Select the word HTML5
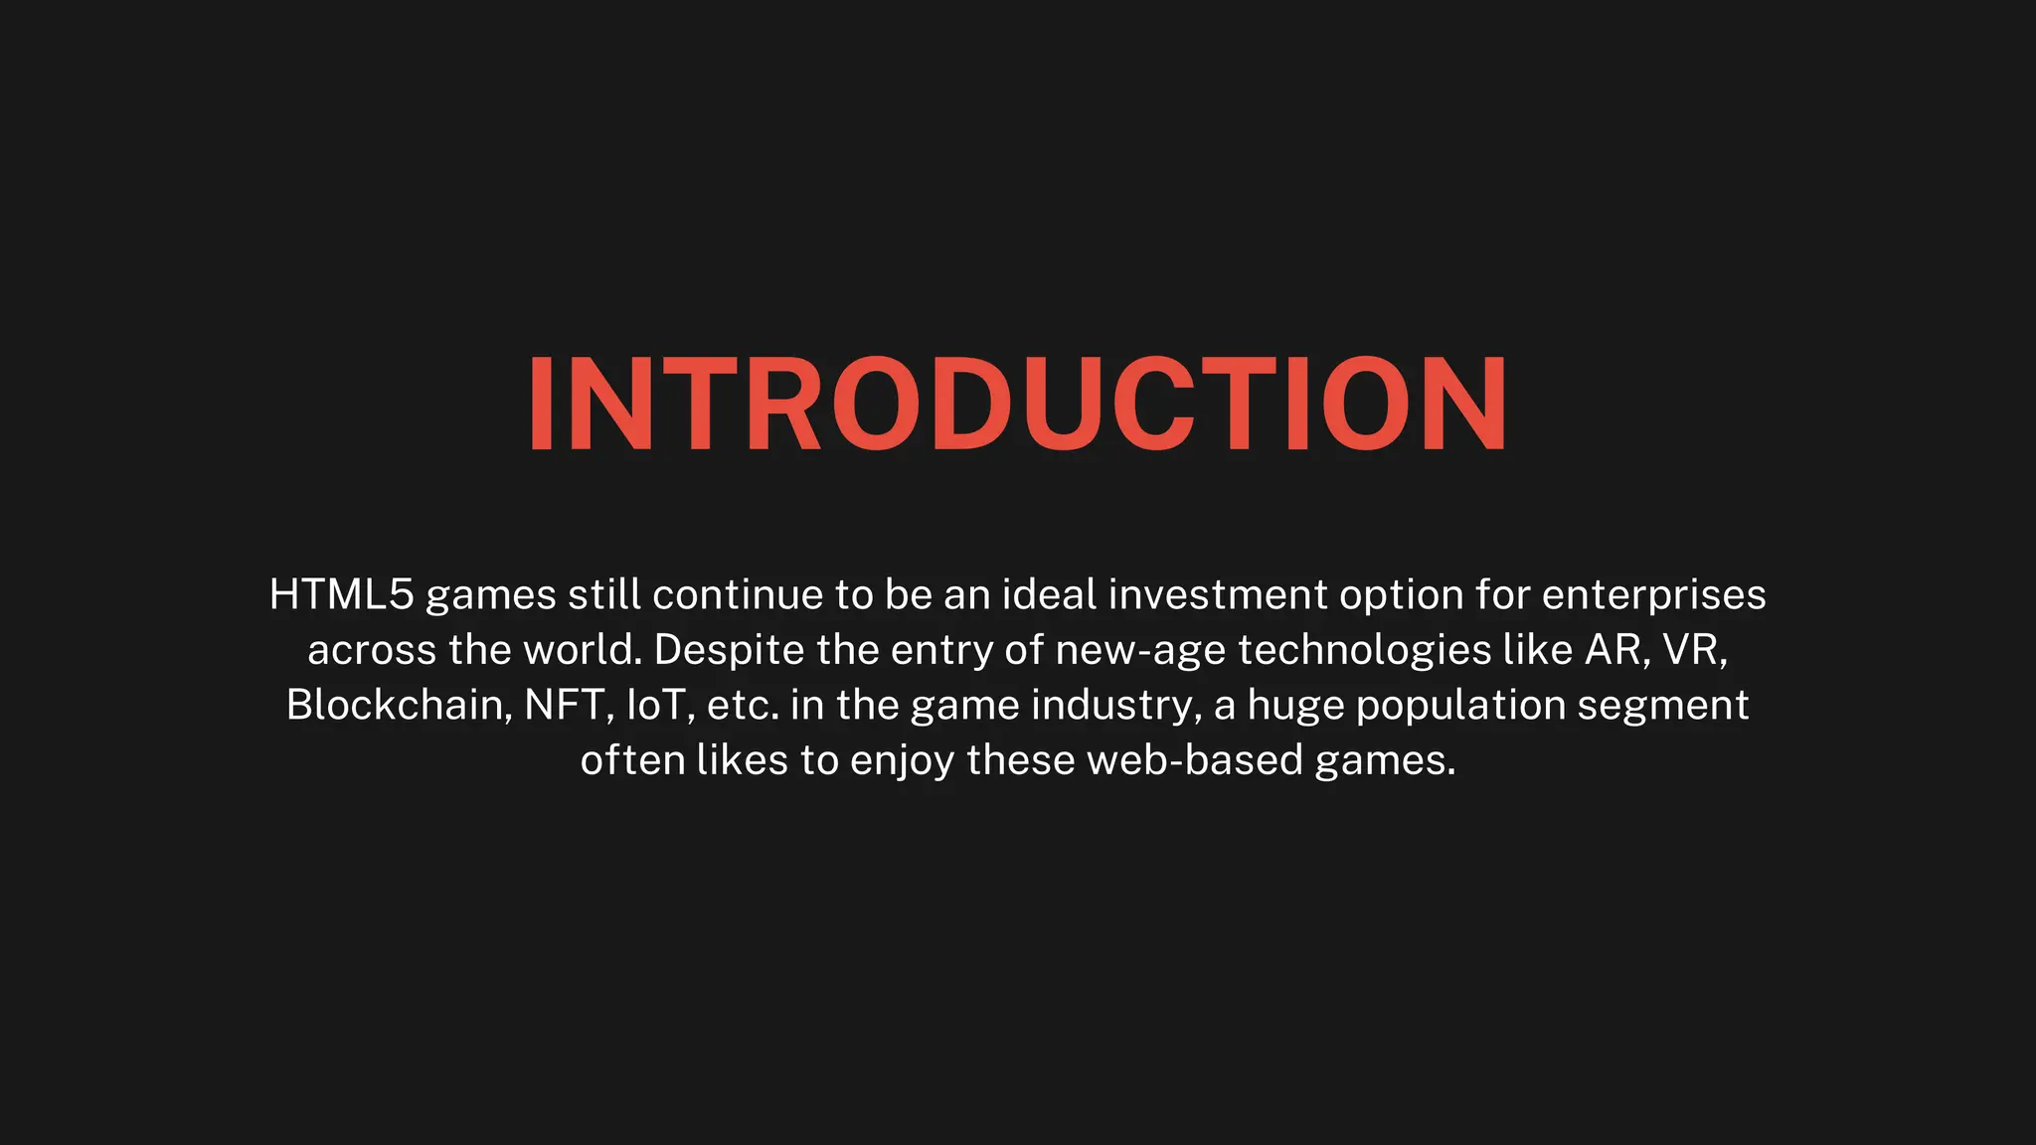pos(341,594)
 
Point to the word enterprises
pos(1653,594)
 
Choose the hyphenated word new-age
pos(1140,650)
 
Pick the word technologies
pos(1364,650)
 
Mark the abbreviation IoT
pos(658,705)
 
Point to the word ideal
pos(1049,594)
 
